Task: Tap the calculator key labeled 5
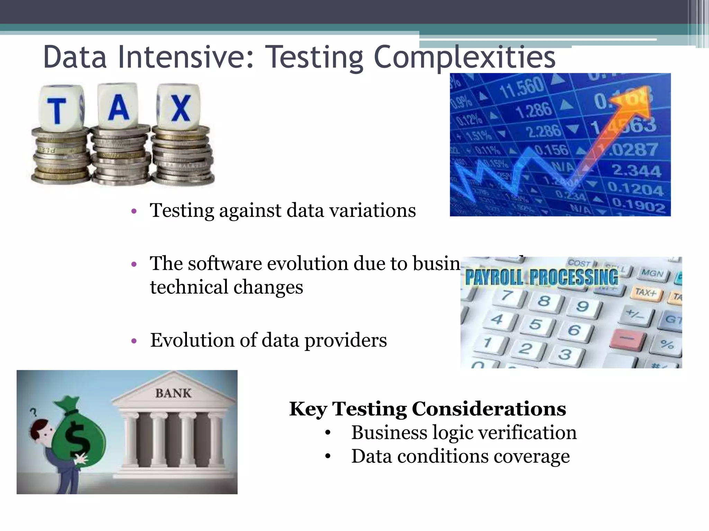click(536, 324)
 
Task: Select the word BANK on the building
click(173, 393)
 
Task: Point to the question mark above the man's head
click(34, 412)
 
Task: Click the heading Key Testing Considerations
click(428, 409)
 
